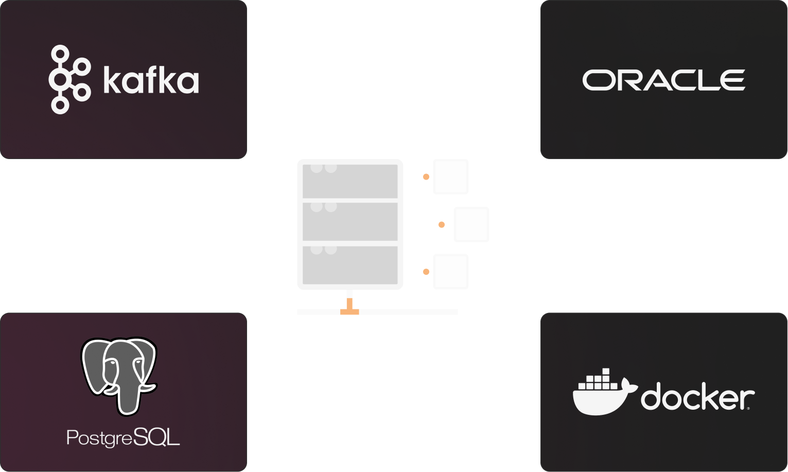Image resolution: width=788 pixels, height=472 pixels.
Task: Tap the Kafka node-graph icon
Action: click(68, 79)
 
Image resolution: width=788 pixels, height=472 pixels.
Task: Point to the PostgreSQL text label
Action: click(124, 438)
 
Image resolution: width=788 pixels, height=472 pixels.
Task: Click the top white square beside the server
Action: click(450, 177)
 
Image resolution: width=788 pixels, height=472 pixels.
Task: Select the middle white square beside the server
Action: click(471, 224)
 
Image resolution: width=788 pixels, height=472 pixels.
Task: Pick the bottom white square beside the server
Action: click(450, 272)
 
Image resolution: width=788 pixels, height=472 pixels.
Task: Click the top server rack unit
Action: click(350, 181)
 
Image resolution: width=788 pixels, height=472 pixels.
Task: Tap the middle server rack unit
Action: click(350, 222)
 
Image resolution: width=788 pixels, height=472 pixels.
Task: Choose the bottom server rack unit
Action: click(350, 265)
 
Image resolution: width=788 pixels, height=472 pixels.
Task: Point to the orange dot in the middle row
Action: click(441, 224)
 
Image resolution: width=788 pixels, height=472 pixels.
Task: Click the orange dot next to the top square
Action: click(426, 177)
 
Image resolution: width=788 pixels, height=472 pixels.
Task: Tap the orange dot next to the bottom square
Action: click(426, 272)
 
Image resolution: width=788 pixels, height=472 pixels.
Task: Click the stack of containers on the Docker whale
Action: click(599, 380)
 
